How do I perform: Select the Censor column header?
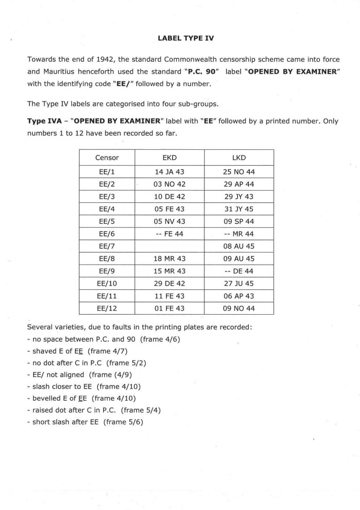[x=107, y=158]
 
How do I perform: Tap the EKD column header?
[x=169, y=158]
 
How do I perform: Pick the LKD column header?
[x=239, y=158]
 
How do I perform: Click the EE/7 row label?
[x=107, y=246]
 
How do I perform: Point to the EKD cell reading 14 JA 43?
[x=169, y=172]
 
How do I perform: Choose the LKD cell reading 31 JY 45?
[x=239, y=209]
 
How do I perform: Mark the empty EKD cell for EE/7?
[x=169, y=246]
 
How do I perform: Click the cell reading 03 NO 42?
[x=169, y=185]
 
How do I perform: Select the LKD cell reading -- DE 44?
[x=239, y=271]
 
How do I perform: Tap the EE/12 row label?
[x=107, y=308]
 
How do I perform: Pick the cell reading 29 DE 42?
[x=169, y=283]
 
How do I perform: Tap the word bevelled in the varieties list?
[x=47, y=399]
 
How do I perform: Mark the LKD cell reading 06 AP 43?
[x=239, y=296]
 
